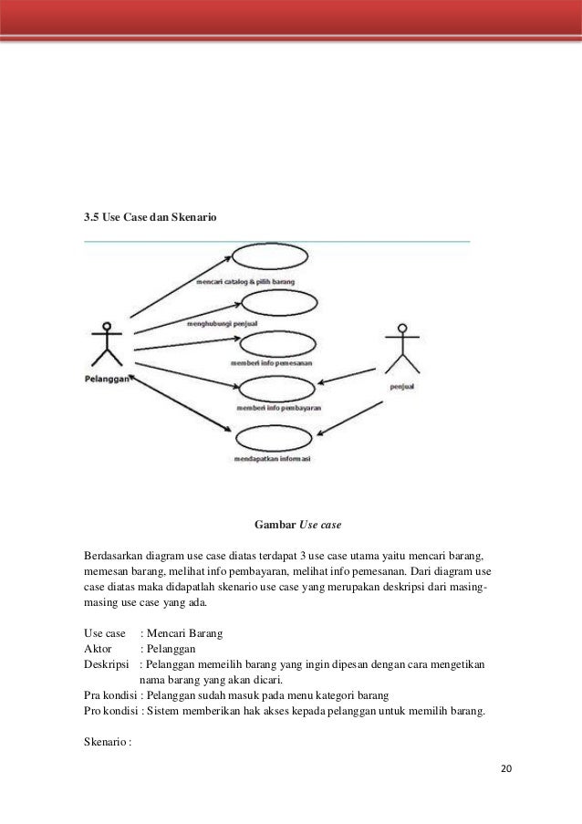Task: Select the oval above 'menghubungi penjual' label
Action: (x=271, y=305)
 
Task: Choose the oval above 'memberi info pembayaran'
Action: (x=275, y=391)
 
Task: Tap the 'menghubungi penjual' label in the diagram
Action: (x=221, y=323)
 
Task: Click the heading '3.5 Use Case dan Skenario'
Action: (x=151, y=218)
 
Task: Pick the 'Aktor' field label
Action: (x=97, y=648)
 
